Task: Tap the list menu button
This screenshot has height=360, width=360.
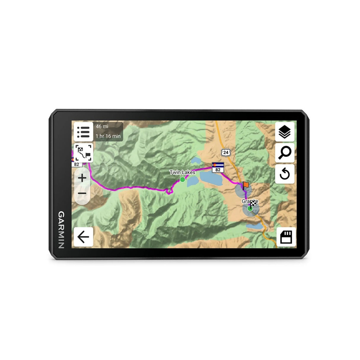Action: coord(83,132)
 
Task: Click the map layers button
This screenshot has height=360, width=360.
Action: coord(285,132)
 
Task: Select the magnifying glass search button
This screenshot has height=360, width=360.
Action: coord(285,153)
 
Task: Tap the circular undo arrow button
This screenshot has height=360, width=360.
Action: coord(285,174)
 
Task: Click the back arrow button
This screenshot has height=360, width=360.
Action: coord(83,237)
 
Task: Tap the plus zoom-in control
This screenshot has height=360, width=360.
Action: coord(82,178)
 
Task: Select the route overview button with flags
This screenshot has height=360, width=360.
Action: coord(83,153)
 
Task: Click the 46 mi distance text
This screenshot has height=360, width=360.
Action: coord(102,127)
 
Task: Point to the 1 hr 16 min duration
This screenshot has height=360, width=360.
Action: coord(108,136)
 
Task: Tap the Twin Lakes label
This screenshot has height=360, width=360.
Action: coord(182,172)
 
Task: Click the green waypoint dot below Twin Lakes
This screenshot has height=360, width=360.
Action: coord(182,179)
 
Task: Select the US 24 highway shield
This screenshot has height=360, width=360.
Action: coord(226,152)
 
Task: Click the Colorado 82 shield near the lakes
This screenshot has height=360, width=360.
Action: coord(218,168)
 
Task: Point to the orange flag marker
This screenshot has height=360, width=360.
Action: coord(246,185)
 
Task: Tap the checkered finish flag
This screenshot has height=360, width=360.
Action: coord(253,203)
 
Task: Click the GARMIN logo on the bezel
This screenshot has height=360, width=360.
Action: coord(61,230)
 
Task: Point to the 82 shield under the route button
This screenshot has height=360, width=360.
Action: coord(77,164)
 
